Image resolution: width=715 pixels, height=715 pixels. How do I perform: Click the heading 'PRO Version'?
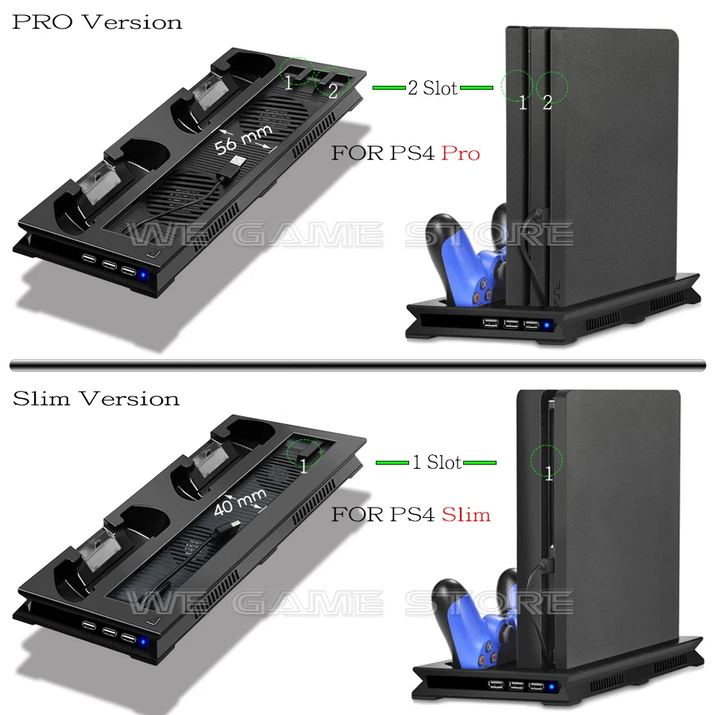pyautogui.click(x=97, y=21)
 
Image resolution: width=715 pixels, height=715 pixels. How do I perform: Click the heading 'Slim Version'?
pyautogui.click(x=96, y=398)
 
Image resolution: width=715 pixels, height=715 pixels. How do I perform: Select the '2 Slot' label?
pyautogui.click(x=432, y=88)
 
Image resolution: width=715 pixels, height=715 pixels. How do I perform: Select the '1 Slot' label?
pyautogui.click(x=436, y=462)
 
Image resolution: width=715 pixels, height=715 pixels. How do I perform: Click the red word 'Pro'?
pyautogui.click(x=461, y=153)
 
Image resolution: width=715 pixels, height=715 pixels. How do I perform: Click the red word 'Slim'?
pyautogui.click(x=466, y=515)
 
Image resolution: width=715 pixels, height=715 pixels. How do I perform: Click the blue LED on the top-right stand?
pyautogui.click(x=547, y=324)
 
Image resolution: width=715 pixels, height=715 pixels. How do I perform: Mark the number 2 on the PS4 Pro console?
pyautogui.click(x=547, y=102)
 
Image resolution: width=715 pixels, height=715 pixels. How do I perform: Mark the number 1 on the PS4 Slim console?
pyautogui.click(x=548, y=474)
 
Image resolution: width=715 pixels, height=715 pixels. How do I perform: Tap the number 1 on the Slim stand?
pyautogui.click(x=303, y=466)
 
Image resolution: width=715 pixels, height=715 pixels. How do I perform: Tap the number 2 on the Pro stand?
pyautogui.click(x=333, y=91)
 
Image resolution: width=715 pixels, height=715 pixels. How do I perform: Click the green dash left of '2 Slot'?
pyautogui.click(x=388, y=88)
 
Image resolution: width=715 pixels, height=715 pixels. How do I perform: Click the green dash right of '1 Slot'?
pyautogui.click(x=481, y=462)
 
